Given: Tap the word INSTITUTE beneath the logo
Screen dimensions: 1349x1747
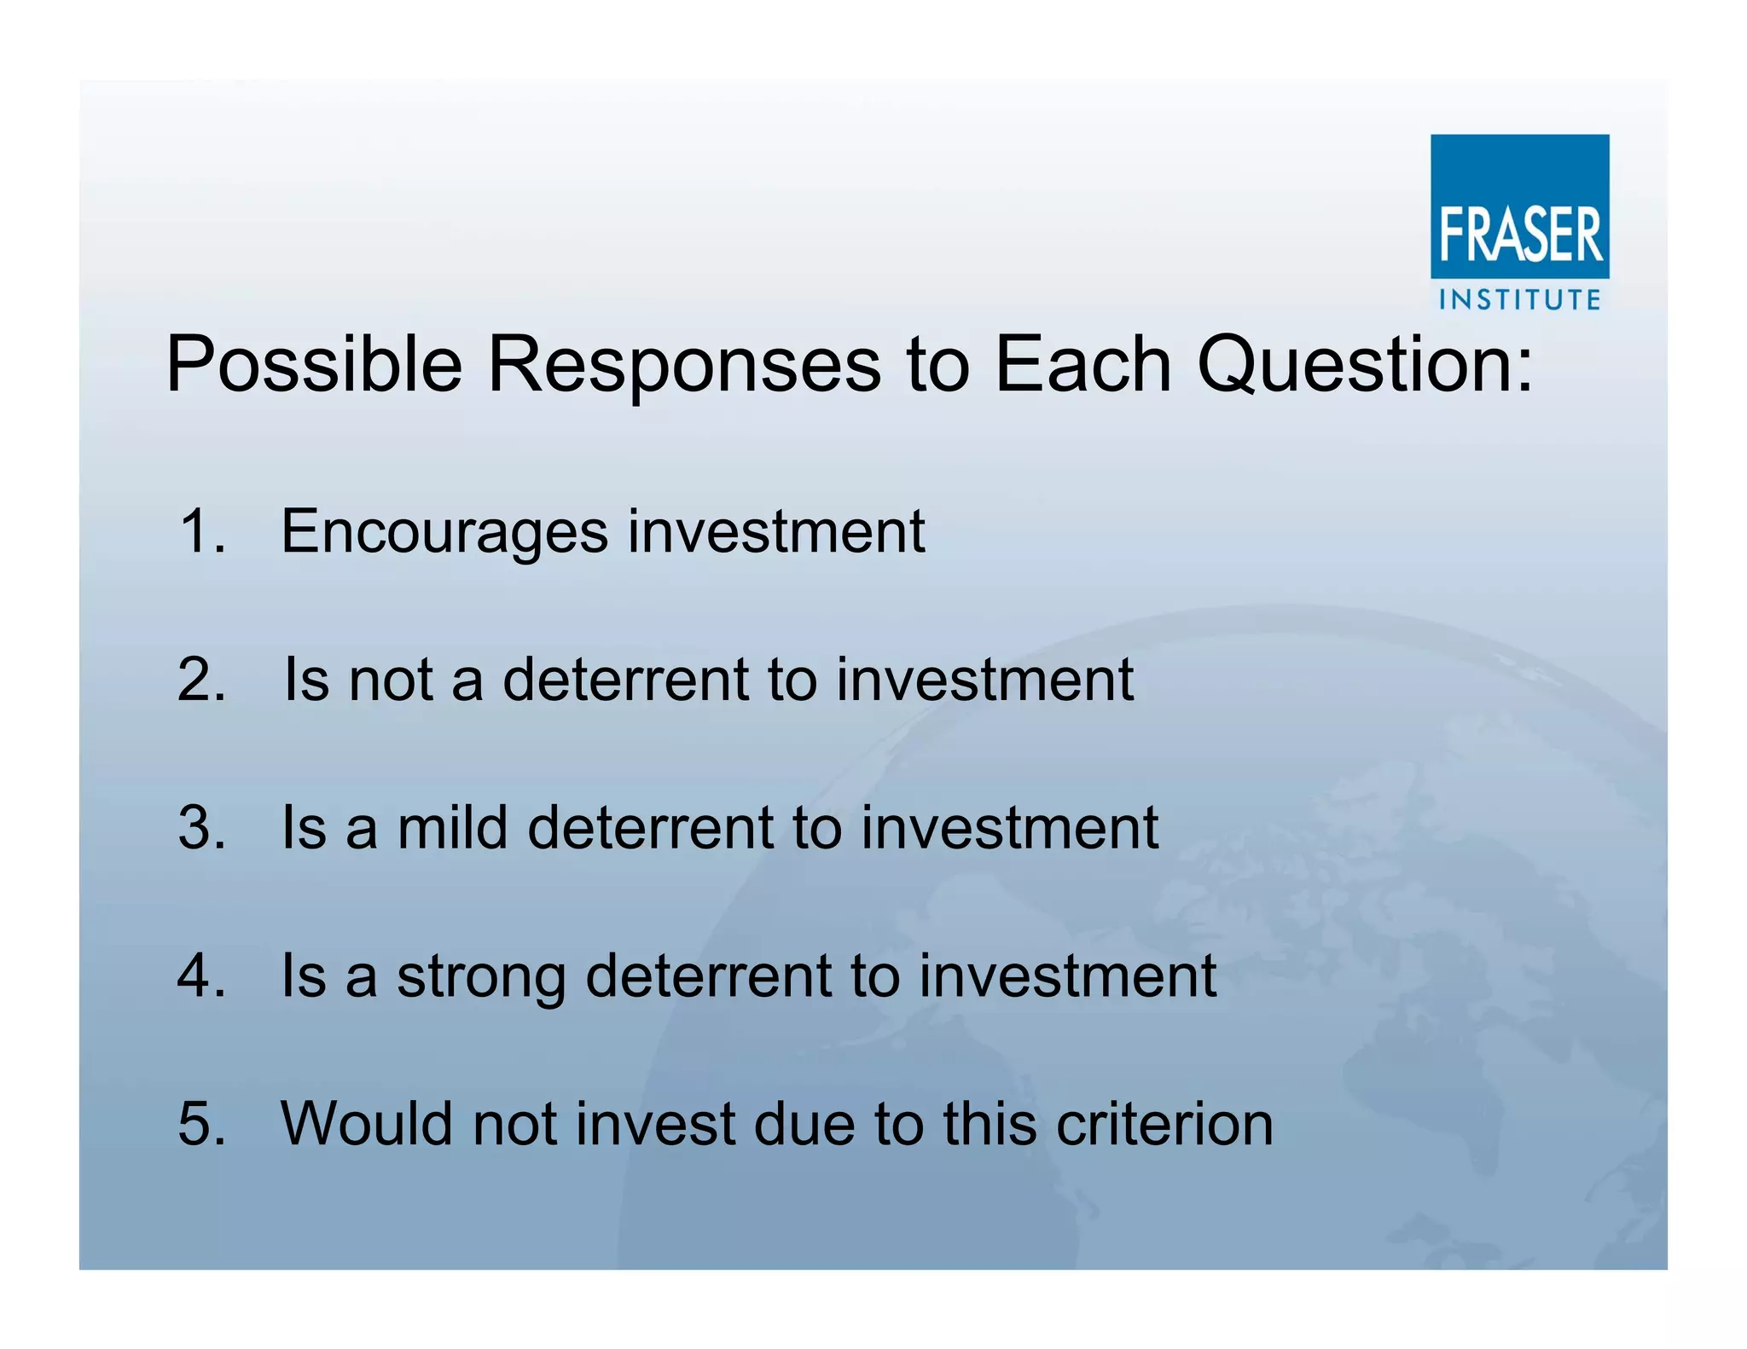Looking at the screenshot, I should point(1519,299).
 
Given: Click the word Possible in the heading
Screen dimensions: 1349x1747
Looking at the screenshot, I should point(314,365).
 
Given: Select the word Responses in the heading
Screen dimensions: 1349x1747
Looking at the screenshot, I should point(683,365).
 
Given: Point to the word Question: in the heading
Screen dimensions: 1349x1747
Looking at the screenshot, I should point(1365,365).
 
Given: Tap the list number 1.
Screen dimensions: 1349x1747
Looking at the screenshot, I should point(201,531).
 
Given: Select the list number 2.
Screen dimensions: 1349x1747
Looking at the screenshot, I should point(201,680).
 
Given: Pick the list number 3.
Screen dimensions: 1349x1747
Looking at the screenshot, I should point(201,827).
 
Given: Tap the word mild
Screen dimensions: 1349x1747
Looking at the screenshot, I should point(452,827).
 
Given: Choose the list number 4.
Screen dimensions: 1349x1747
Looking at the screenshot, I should point(201,975).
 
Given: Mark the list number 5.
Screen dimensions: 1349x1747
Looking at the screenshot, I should point(201,1123).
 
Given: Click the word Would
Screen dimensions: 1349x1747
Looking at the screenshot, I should point(367,1123).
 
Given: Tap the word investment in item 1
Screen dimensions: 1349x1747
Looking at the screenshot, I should point(776,531).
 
